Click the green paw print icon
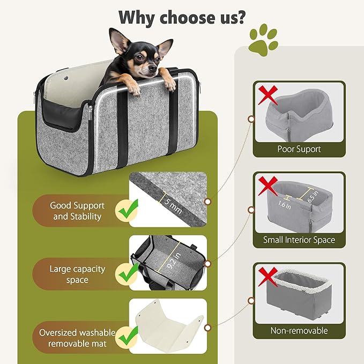(x=263, y=39)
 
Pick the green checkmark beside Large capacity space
(x=127, y=274)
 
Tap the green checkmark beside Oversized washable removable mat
(x=127, y=338)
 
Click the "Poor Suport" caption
(x=299, y=149)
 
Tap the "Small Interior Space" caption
(x=299, y=240)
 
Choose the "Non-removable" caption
(x=299, y=331)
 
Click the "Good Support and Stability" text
(x=77, y=211)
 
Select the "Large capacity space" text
(x=77, y=274)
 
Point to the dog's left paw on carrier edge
(x=170, y=83)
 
